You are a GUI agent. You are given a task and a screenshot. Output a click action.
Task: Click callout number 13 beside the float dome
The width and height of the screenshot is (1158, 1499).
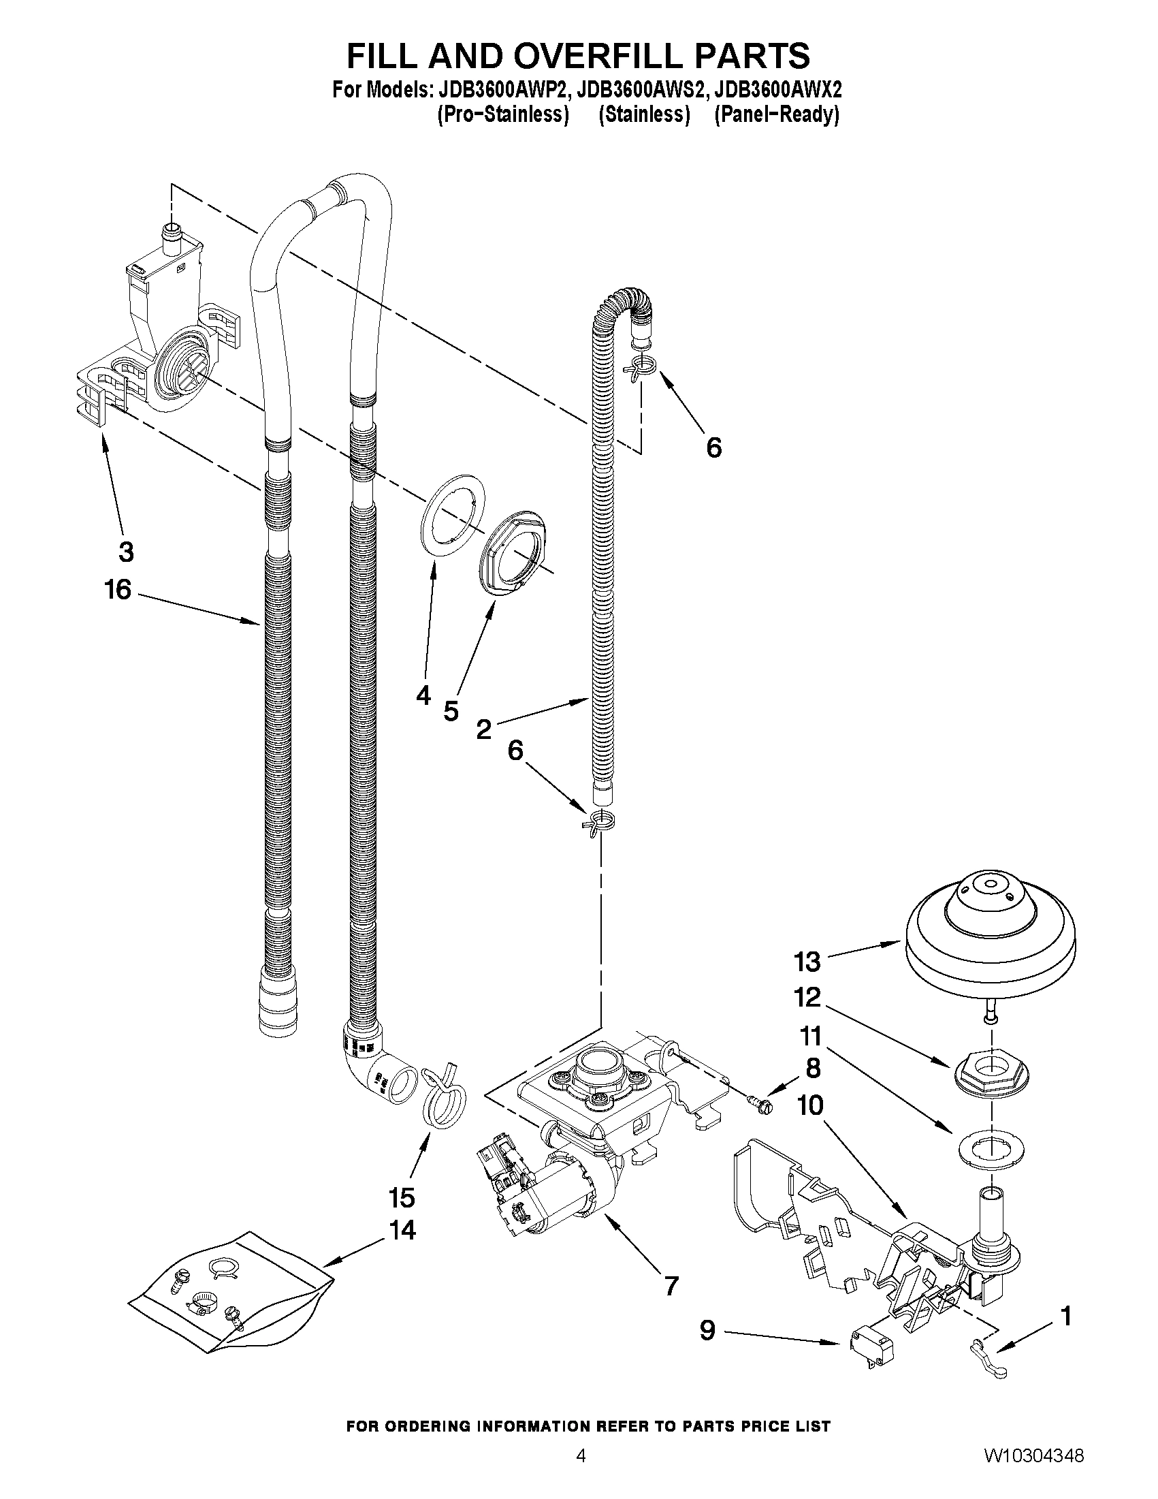pos(807,962)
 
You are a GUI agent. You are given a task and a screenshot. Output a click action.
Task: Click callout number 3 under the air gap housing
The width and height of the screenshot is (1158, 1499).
pos(125,551)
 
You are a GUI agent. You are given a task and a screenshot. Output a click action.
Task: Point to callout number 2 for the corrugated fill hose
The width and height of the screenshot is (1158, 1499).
pos(483,729)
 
